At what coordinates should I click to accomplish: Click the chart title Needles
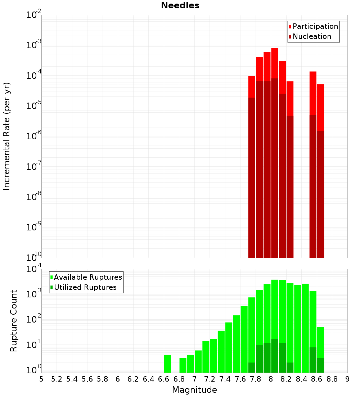[x=180, y=5]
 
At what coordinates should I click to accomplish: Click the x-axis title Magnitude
[x=194, y=390]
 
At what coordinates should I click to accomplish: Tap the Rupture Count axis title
[x=14, y=321]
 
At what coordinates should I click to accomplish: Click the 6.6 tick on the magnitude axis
[x=164, y=379]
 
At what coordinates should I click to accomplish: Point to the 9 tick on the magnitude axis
[x=347, y=379]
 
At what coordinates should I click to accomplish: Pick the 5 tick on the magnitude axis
[x=41, y=379]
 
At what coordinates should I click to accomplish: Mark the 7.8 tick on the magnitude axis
[x=256, y=379]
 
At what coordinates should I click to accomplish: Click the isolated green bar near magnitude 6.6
[x=167, y=364]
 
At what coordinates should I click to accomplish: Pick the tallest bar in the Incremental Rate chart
[x=275, y=151]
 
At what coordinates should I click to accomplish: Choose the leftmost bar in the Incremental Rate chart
[x=252, y=166]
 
